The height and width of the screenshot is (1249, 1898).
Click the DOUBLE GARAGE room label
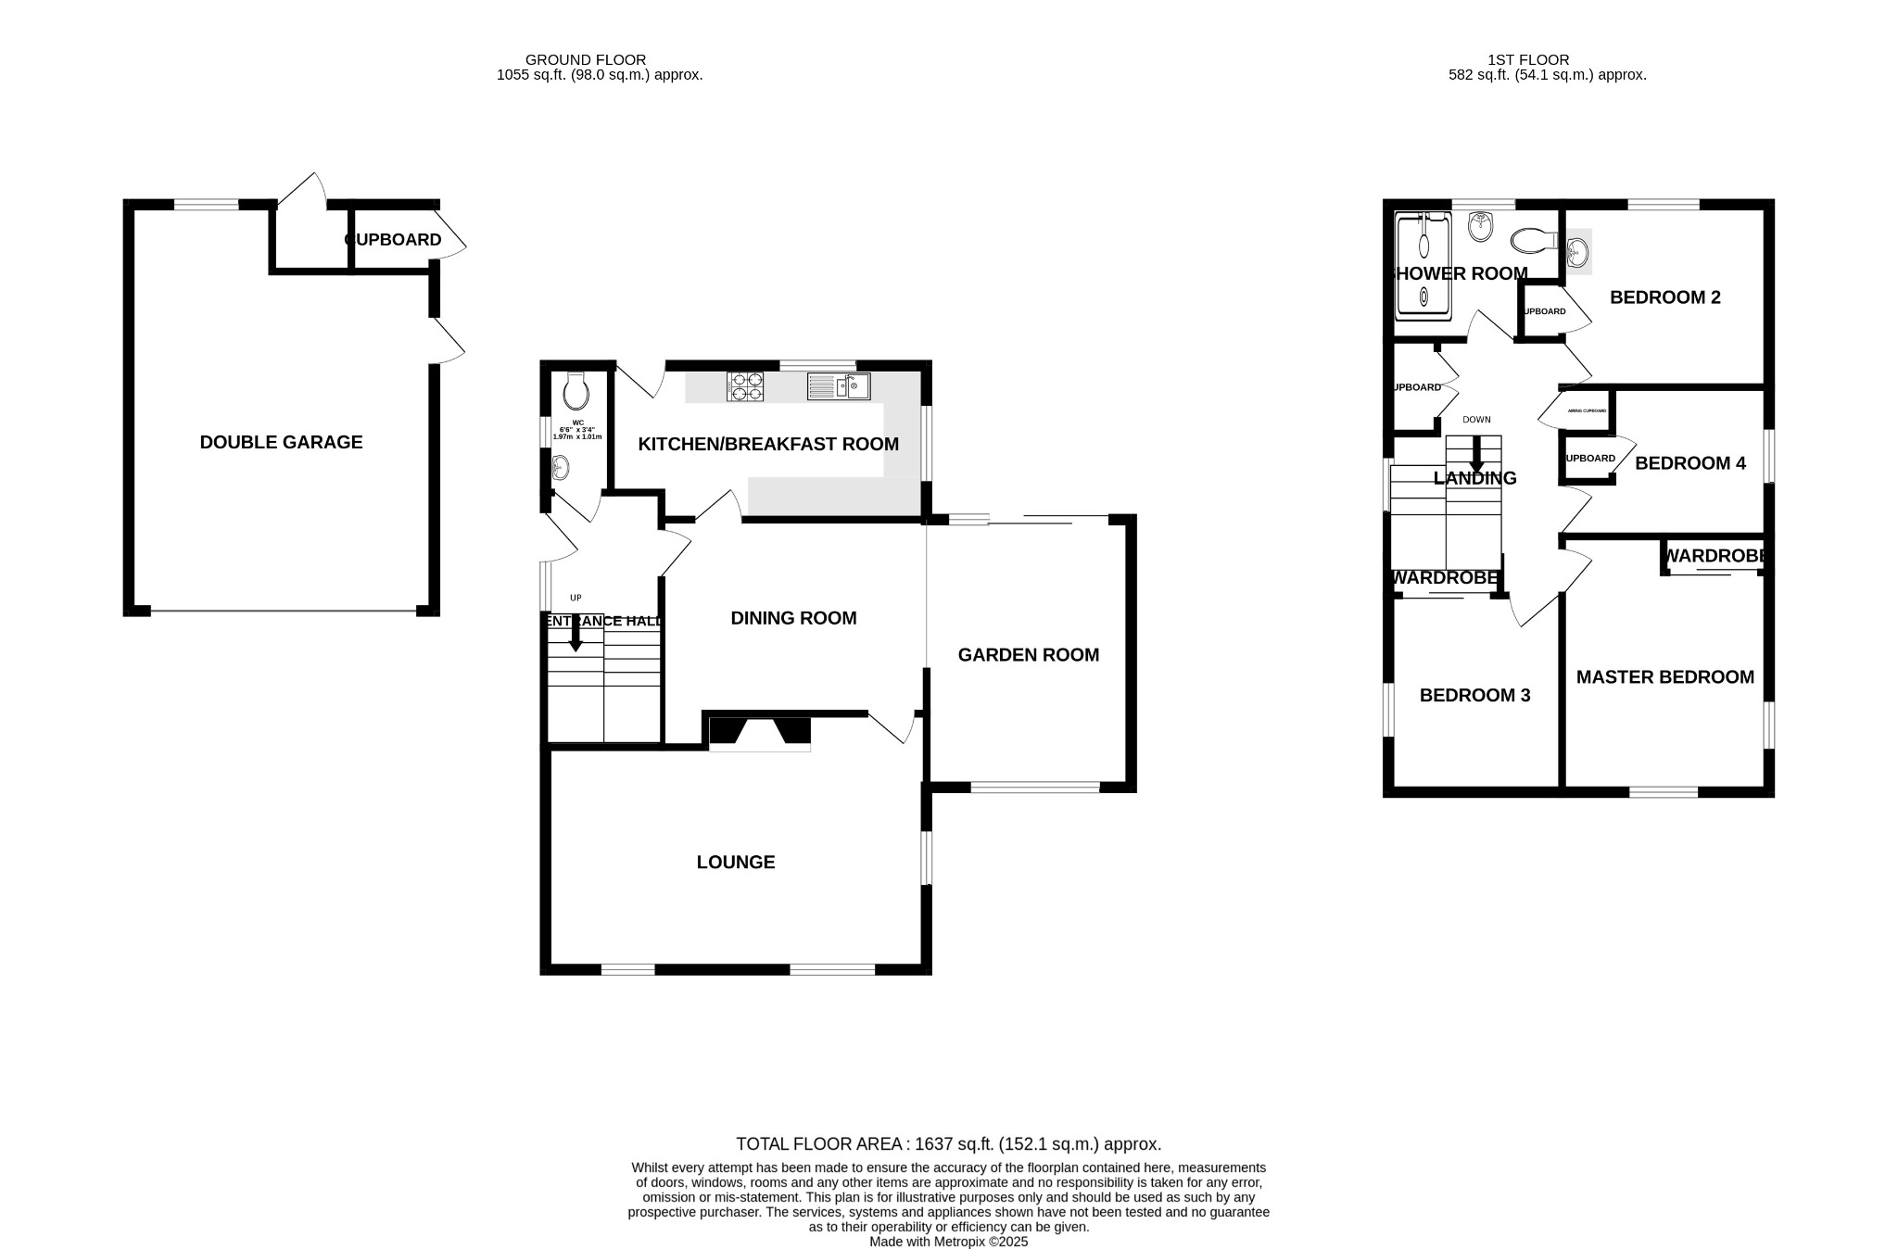(x=281, y=442)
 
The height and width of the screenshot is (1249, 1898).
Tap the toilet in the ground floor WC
(x=576, y=392)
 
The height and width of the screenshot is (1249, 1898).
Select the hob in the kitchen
(x=746, y=386)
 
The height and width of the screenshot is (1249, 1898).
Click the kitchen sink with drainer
(x=838, y=386)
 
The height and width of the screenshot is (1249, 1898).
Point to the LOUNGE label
(x=736, y=863)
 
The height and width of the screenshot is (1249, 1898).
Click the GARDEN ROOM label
(x=1028, y=655)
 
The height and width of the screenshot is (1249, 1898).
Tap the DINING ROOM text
(x=793, y=618)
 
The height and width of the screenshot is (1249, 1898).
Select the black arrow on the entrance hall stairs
(x=576, y=635)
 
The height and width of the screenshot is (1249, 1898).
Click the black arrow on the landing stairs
(x=1476, y=454)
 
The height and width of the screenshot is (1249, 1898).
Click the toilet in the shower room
(x=1533, y=241)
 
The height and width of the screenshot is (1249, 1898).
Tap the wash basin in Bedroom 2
(x=1577, y=251)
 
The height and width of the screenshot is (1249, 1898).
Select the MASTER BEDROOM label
(x=1664, y=677)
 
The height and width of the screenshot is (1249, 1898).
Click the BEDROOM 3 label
(x=1474, y=695)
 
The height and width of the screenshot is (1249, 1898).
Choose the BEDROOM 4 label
(x=1689, y=463)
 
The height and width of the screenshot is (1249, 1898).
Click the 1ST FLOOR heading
(x=1547, y=60)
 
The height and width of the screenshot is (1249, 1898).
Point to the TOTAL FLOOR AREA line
(x=948, y=1144)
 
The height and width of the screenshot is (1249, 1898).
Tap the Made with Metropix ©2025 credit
(x=948, y=1242)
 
